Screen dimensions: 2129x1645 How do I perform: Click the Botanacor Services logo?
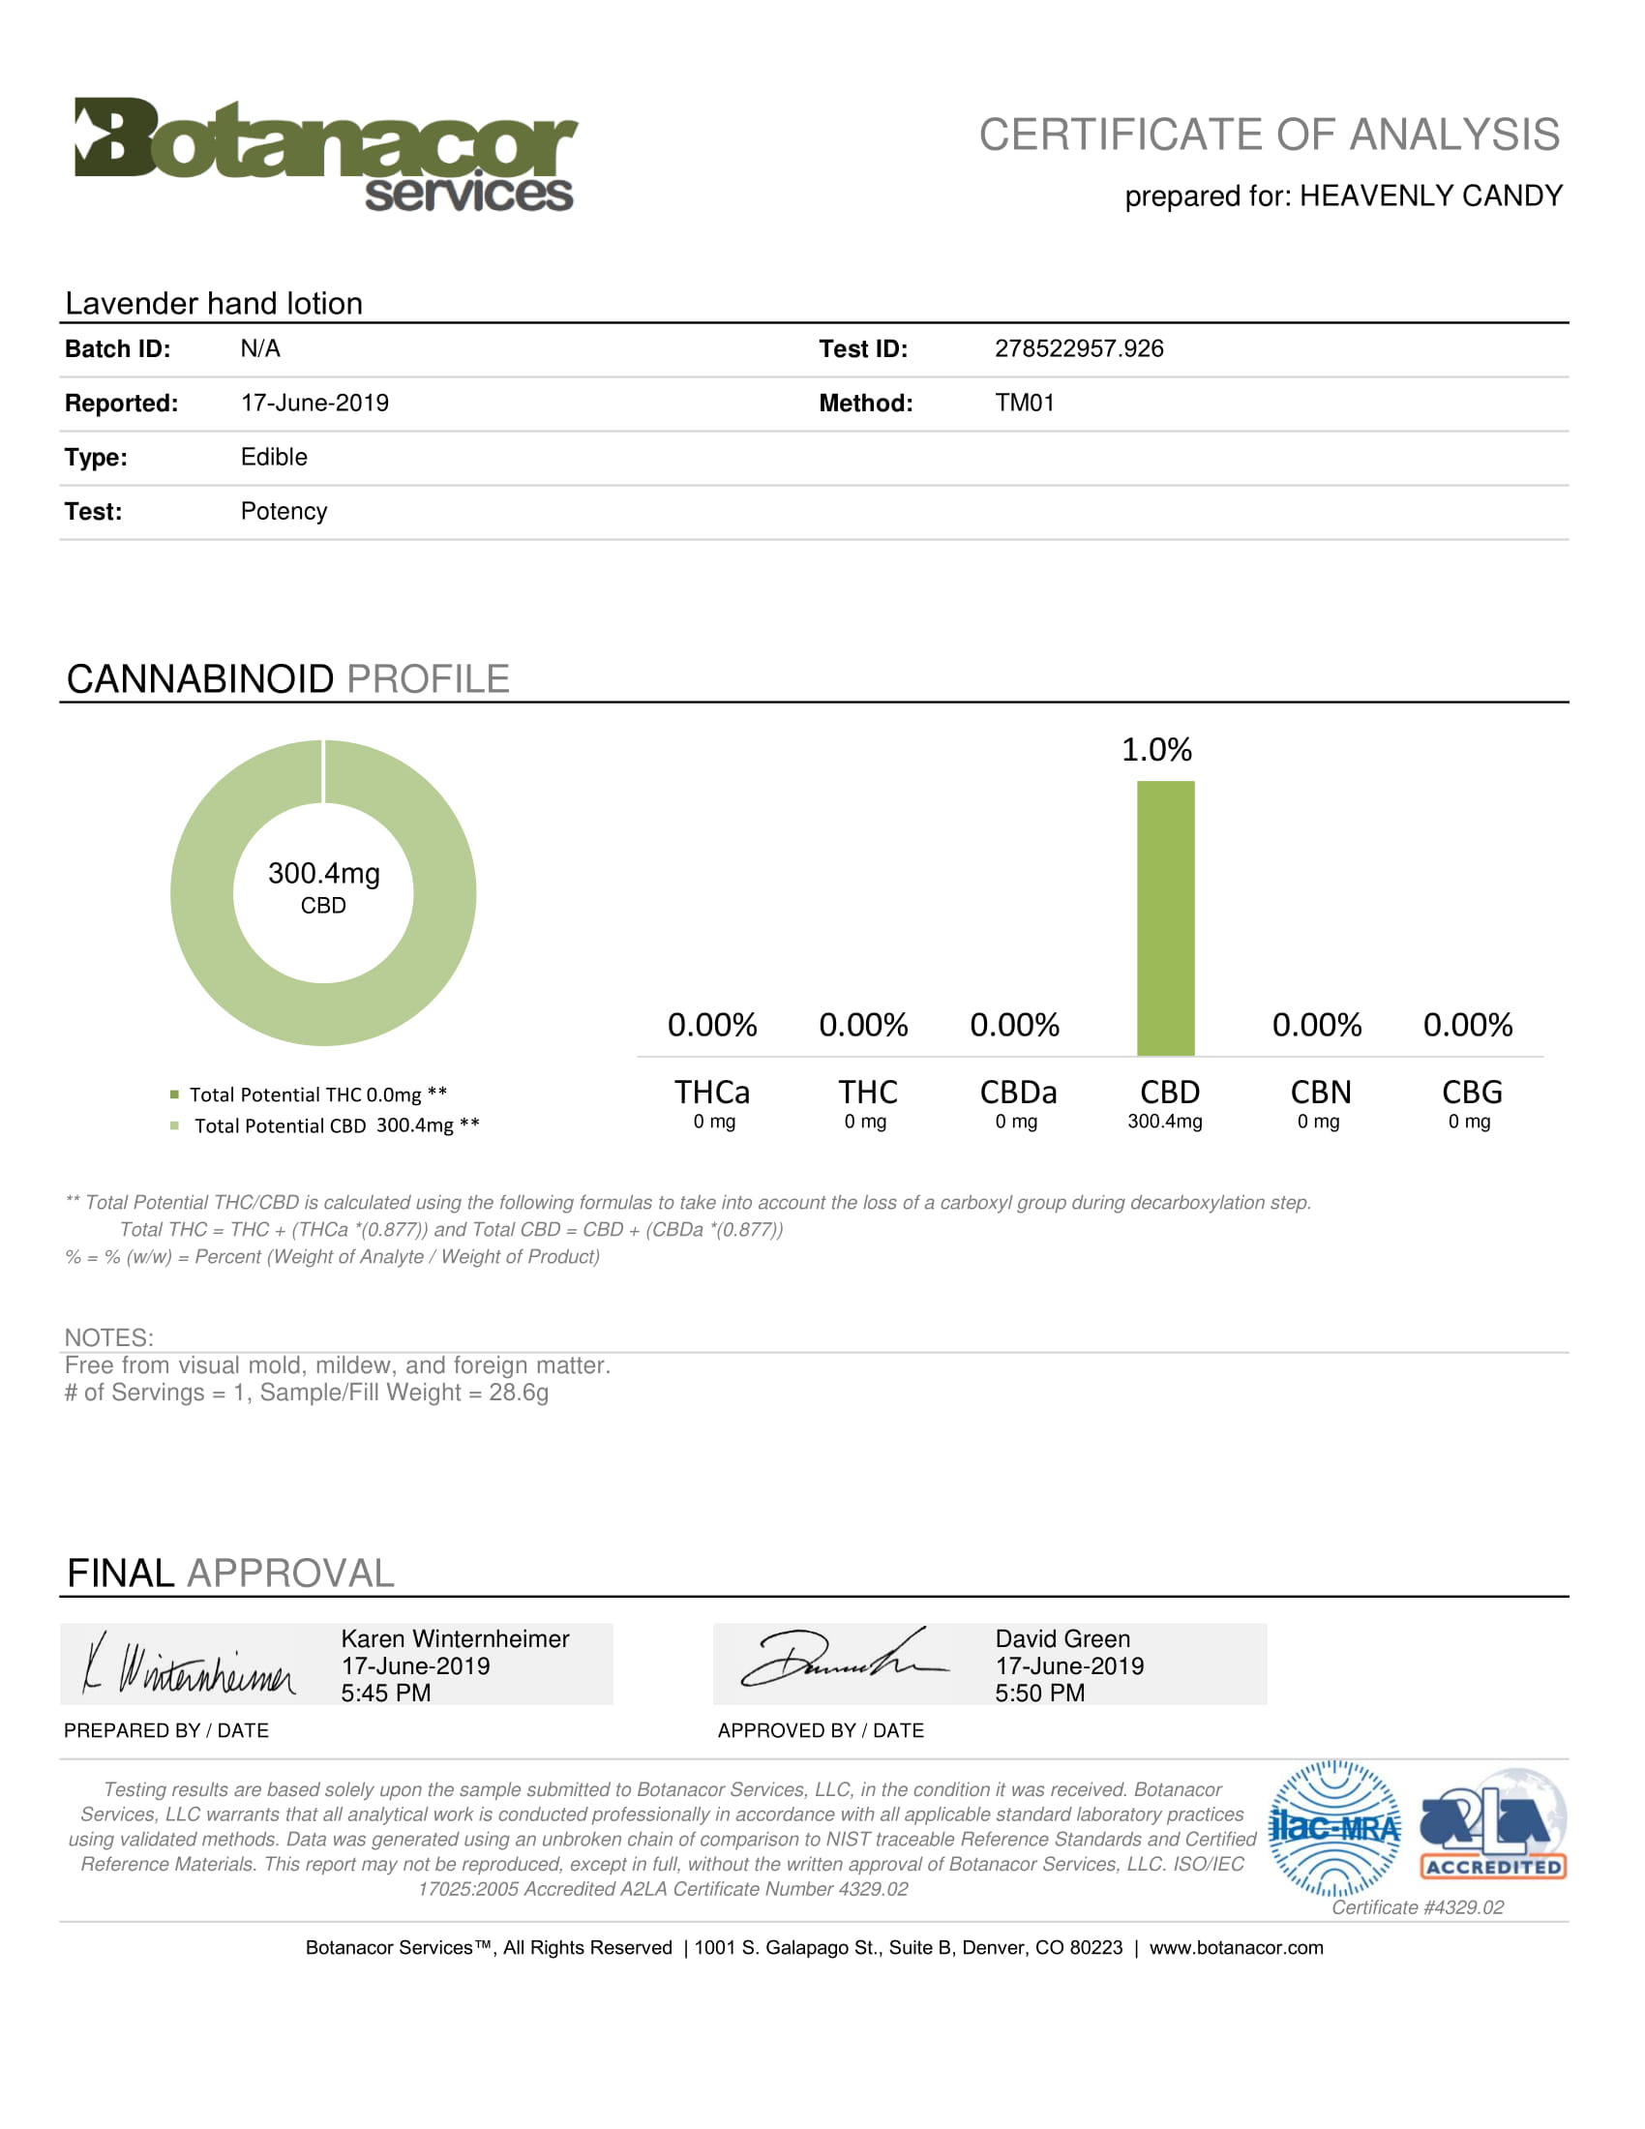325,154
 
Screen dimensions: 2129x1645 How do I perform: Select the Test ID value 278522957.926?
1079,349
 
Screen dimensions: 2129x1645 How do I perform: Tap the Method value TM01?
1024,404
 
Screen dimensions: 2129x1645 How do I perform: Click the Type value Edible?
274,457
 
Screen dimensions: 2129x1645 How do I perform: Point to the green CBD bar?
1166,917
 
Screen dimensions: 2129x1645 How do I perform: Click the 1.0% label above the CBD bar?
1156,750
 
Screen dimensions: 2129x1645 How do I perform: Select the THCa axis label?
712,1093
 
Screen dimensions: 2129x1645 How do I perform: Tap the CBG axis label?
1472,1093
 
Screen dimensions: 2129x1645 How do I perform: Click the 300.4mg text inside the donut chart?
323,874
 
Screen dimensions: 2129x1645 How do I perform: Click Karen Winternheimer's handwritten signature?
189,1665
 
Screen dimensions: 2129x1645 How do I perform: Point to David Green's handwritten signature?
844,1660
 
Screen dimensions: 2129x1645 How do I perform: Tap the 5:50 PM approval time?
1040,1694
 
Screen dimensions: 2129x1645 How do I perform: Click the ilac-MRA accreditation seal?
1334,1829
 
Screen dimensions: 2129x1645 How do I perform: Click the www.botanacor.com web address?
1236,1948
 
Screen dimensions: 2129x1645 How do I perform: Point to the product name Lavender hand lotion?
214,303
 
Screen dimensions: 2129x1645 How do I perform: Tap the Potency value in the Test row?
284,512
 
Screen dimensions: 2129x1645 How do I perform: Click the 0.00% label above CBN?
1317,1025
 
